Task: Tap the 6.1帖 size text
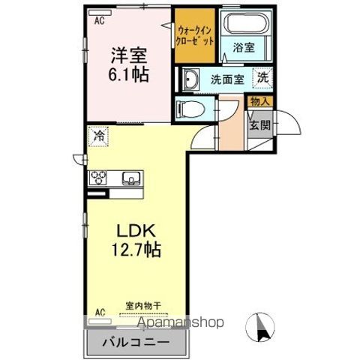(128, 74)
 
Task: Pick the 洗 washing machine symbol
(262, 76)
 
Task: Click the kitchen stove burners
(98, 178)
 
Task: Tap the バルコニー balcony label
(135, 343)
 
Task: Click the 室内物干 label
(143, 306)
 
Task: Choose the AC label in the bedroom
(99, 21)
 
